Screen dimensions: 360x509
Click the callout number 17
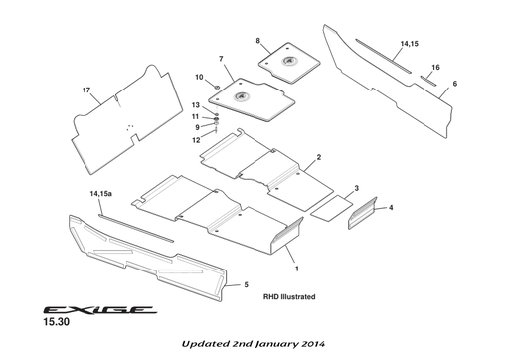pos(86,91)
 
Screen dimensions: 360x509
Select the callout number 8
pos(257,41)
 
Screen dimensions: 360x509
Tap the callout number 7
pos(221,60)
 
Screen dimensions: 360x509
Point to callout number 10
pos(199,77)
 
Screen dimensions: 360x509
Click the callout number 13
pos(197,105)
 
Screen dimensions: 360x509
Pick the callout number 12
pos(197,140)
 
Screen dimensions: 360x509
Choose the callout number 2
pos(318,157)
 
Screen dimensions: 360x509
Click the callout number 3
pos(356,187)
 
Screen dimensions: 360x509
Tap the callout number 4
pos(391,207)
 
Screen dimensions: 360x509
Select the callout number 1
pos(295,269)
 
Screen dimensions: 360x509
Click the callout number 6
pos(454,85)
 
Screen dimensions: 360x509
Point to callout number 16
pos(435,67)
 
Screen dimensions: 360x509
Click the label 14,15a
pos(100,193)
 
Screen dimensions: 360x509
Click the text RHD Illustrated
pos(289,296)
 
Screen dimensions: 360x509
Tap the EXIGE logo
pos(96,309)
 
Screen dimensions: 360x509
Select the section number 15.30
pos(56,323)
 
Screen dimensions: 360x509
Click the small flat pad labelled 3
pos(332,206)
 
